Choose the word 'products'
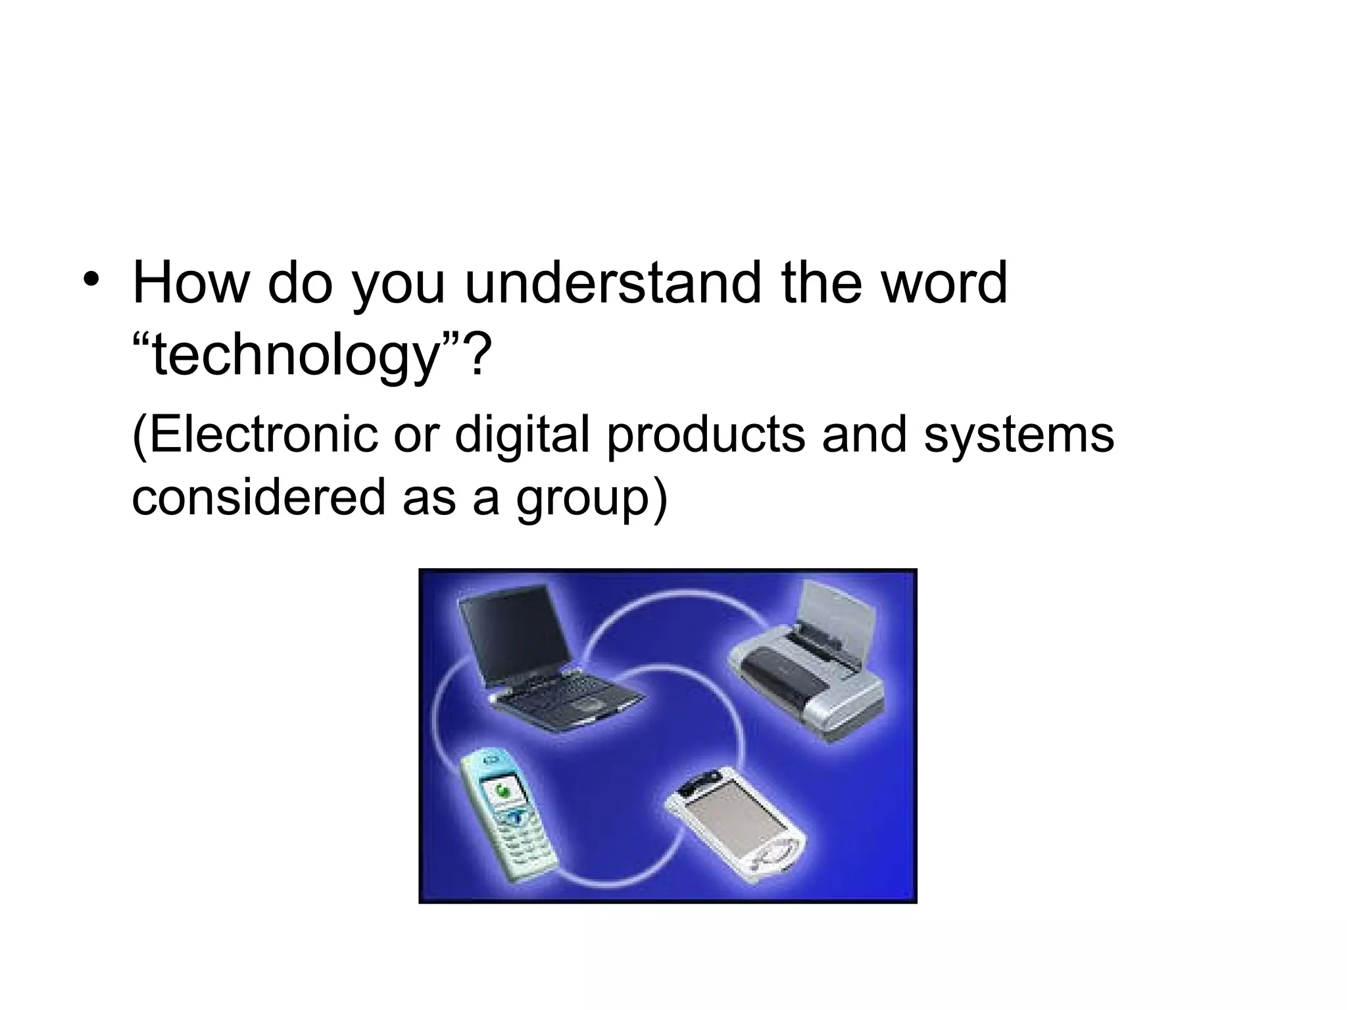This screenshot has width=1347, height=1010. click(705, 435)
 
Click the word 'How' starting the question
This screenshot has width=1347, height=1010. click(191, 283)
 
